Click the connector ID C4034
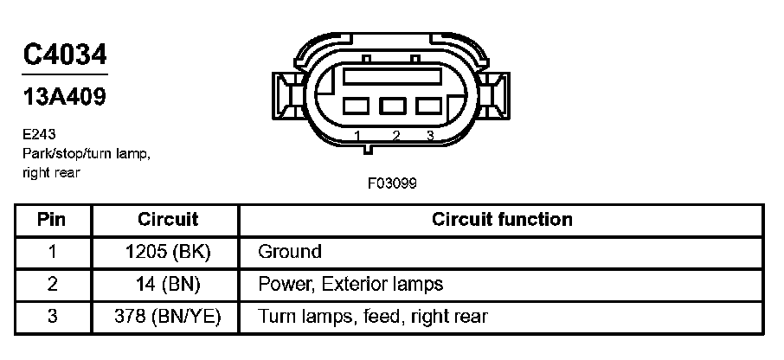coord(65,55)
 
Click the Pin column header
coord(52,220)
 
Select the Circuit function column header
coord(502,220)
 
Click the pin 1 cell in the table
coord(52,252)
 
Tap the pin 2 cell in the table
coord(52,284)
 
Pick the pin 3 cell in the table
coord(52,316)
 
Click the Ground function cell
coord(290,252)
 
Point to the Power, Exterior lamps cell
coord(350,284)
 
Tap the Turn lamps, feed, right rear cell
coord(373,316)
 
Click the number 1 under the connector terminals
coord(357,136)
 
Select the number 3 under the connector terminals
coord(429,136)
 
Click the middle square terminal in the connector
coord(393,106)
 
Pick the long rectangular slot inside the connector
coord(393,76)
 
